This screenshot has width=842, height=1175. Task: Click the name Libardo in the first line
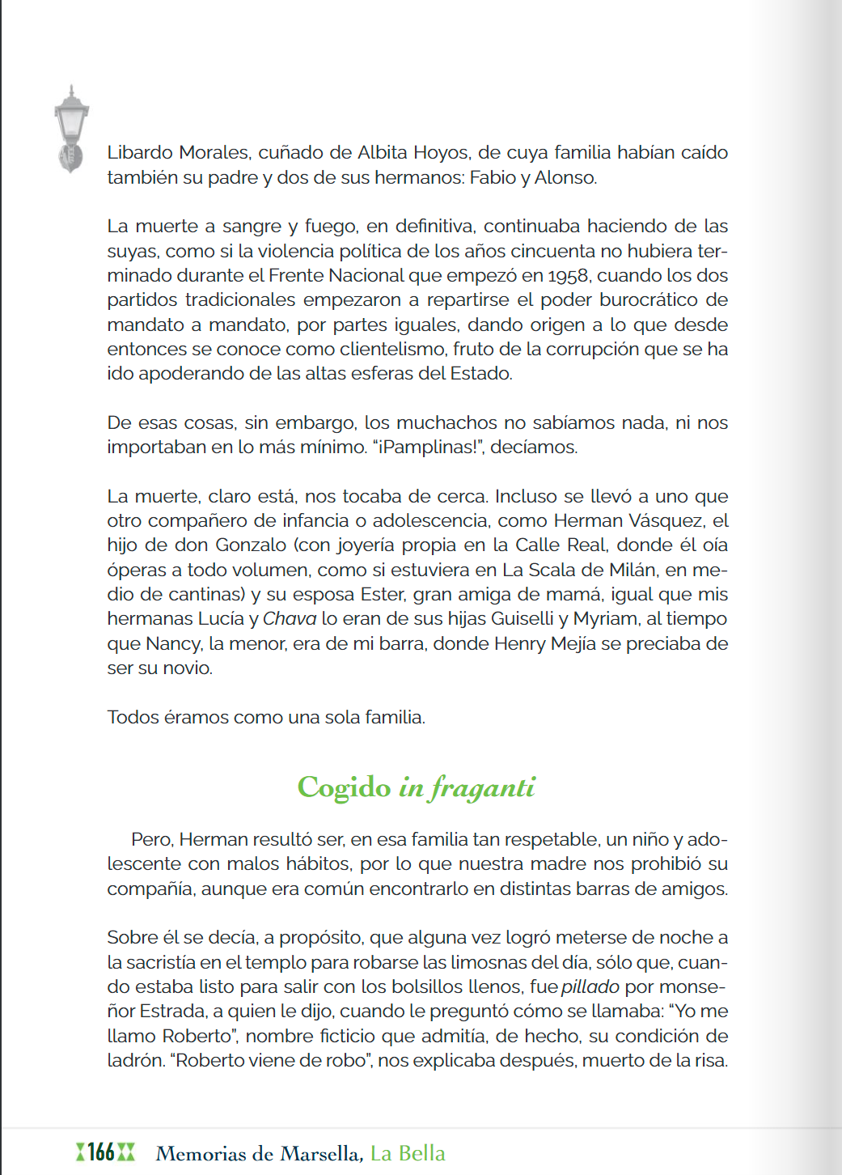(139, 153)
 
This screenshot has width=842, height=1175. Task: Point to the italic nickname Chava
(290, 619)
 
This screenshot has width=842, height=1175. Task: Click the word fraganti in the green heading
(483, 787)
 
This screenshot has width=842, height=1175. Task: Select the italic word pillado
(590, 987)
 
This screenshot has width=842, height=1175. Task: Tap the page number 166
(101, 1152)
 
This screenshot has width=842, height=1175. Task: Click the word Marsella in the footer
(320, 1154)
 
